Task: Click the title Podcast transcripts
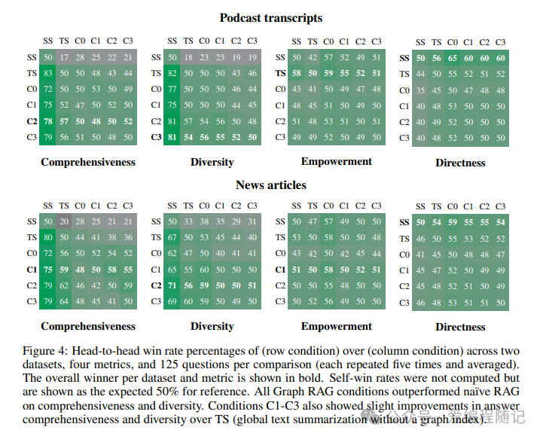click(271, 17)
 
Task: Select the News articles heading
click(271, 184)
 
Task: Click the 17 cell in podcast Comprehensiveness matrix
click(65, 57)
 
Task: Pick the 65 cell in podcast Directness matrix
click(452, 58)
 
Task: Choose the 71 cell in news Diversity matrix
click(173, 285)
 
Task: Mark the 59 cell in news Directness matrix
click(452, 222)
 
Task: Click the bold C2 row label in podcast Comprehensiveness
click(32, 121)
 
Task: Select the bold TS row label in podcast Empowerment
click(281, 74)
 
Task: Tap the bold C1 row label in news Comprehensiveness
click(32, 270)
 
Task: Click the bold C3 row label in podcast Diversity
click(156, 137)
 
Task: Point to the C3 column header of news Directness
click(500, 206)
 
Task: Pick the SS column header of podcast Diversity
click(172, 41)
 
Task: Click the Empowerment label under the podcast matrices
click(337, 161)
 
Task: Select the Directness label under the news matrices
click(460, 327)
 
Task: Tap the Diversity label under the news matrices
click(212, 327)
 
